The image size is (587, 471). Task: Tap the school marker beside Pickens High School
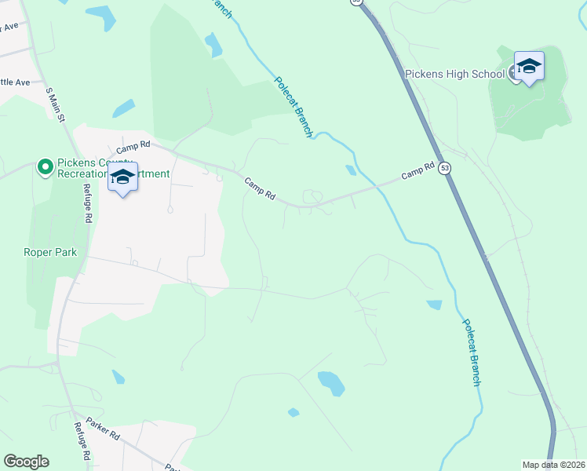tap(529, 67)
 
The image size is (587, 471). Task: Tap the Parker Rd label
tap(103, 428)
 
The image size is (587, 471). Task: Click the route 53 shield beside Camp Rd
tap(445, 168)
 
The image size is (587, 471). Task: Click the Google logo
tap(26, 462)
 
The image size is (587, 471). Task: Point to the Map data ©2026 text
tap(554, 465)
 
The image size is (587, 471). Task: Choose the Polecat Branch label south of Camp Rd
tap(470, 352)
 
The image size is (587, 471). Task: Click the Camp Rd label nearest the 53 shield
tap(417, 170)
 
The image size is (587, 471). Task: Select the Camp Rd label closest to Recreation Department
tap(133, 147)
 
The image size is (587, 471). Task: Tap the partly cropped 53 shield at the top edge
tap(358, 2)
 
